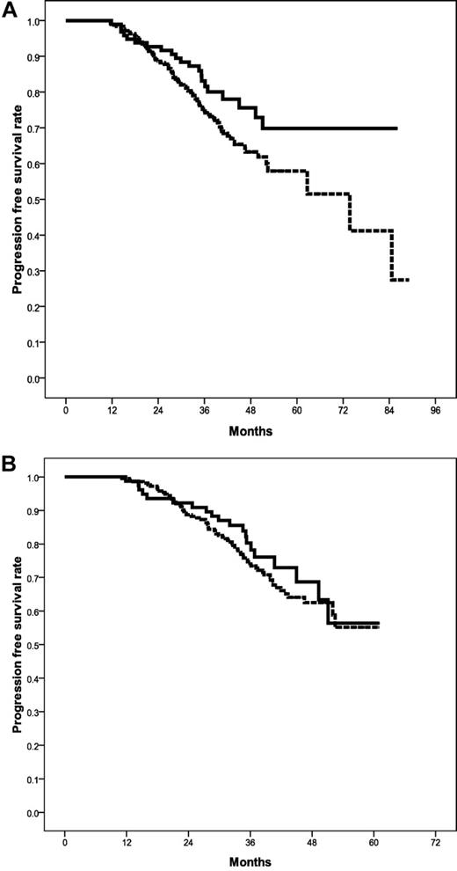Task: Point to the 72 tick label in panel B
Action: pyautogui.click(x=436, y=845)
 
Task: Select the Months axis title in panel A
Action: pyautogui.click(x=250, y=431)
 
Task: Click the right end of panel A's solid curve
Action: pyautogui.click(x=397, y=128)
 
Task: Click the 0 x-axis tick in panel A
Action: pyautogui.click(x=66, y=411)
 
